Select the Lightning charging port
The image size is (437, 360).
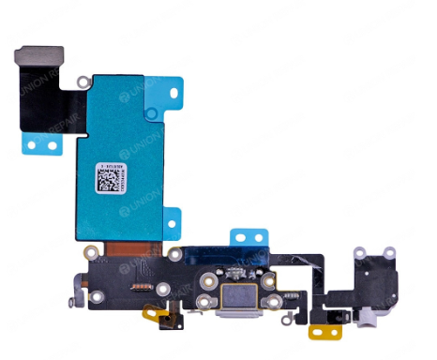[x=231, y=302]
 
